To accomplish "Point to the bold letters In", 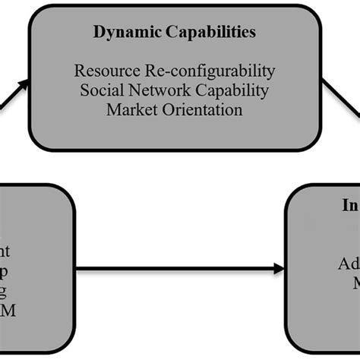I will (349, 206).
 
